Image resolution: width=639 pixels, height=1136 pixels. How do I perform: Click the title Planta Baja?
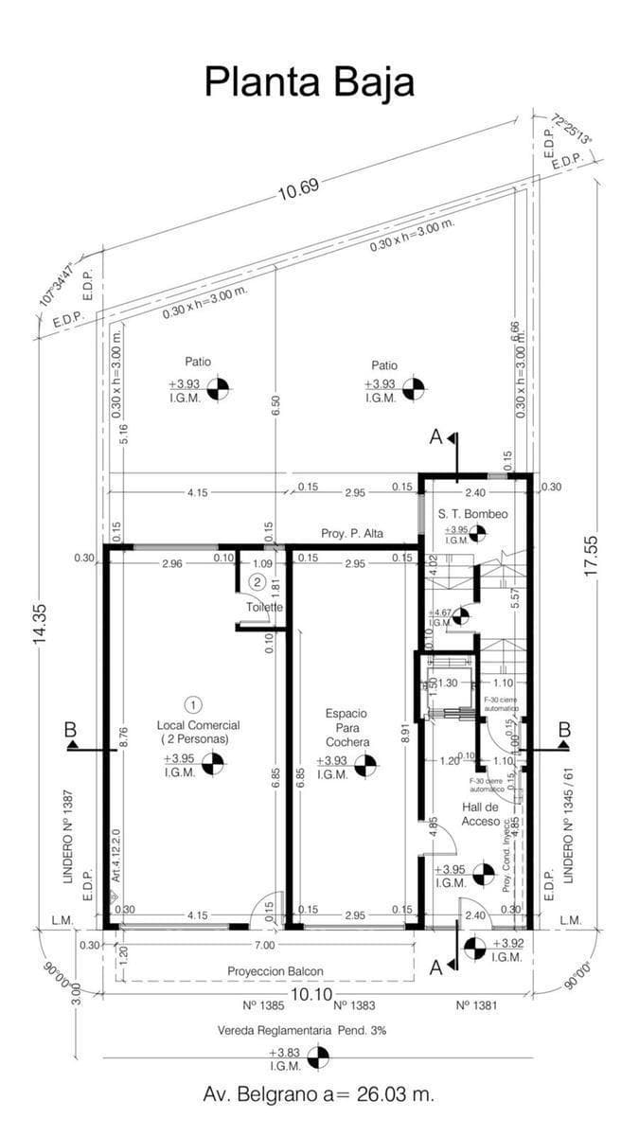pos(310,81)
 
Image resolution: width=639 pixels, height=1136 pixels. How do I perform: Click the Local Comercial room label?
pos(198,731)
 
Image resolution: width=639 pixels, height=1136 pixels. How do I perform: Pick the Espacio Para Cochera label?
pos(346,726)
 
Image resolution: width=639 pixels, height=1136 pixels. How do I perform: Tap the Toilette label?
pos(264,607)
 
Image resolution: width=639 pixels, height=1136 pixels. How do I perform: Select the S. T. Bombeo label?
pos(473,514)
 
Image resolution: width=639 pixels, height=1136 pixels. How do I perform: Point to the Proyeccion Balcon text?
pos(275,971)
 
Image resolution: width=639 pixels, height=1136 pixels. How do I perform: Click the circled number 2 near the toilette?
pos(257,581)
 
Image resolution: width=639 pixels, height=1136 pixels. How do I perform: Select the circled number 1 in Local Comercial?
pos(193,704)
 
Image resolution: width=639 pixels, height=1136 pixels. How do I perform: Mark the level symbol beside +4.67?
pos(461,617)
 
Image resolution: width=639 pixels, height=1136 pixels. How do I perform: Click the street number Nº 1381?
pos(478,1005)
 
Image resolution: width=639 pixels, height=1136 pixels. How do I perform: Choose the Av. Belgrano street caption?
pos(319,1094)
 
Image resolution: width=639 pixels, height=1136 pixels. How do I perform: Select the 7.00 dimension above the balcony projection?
pos(264,945)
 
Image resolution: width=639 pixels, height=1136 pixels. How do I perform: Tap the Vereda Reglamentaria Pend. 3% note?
pos(301,1030)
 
